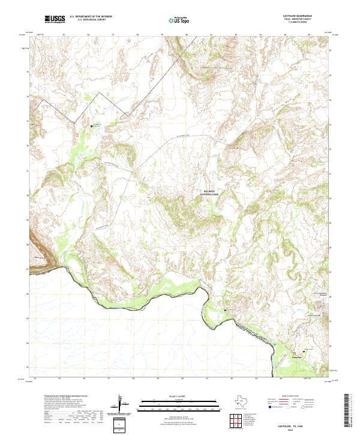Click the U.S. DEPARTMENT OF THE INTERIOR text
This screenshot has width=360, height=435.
coord(91,17)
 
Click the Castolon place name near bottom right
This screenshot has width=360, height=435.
coord(295,358)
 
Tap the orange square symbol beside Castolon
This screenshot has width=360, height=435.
coord(294,353)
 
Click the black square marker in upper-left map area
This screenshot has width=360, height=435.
coord(91,126)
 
